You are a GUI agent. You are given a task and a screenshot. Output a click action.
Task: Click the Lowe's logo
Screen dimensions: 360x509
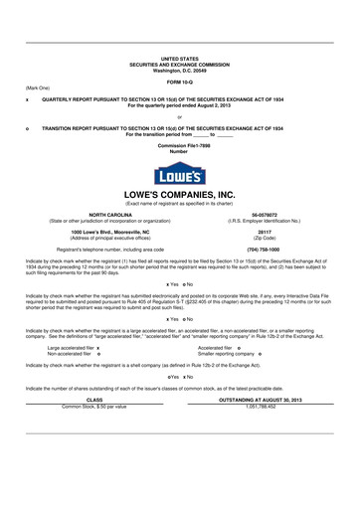coord(179,172)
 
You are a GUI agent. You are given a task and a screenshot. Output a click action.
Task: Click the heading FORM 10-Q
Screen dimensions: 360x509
coord(179,82)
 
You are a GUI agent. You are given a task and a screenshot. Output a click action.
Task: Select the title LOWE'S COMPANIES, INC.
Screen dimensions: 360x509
coord(179,195)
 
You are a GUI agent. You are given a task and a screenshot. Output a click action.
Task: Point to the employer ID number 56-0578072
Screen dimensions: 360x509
coord(264,214)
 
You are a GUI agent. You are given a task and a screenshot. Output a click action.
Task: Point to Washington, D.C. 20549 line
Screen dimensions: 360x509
coord(179,71)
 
